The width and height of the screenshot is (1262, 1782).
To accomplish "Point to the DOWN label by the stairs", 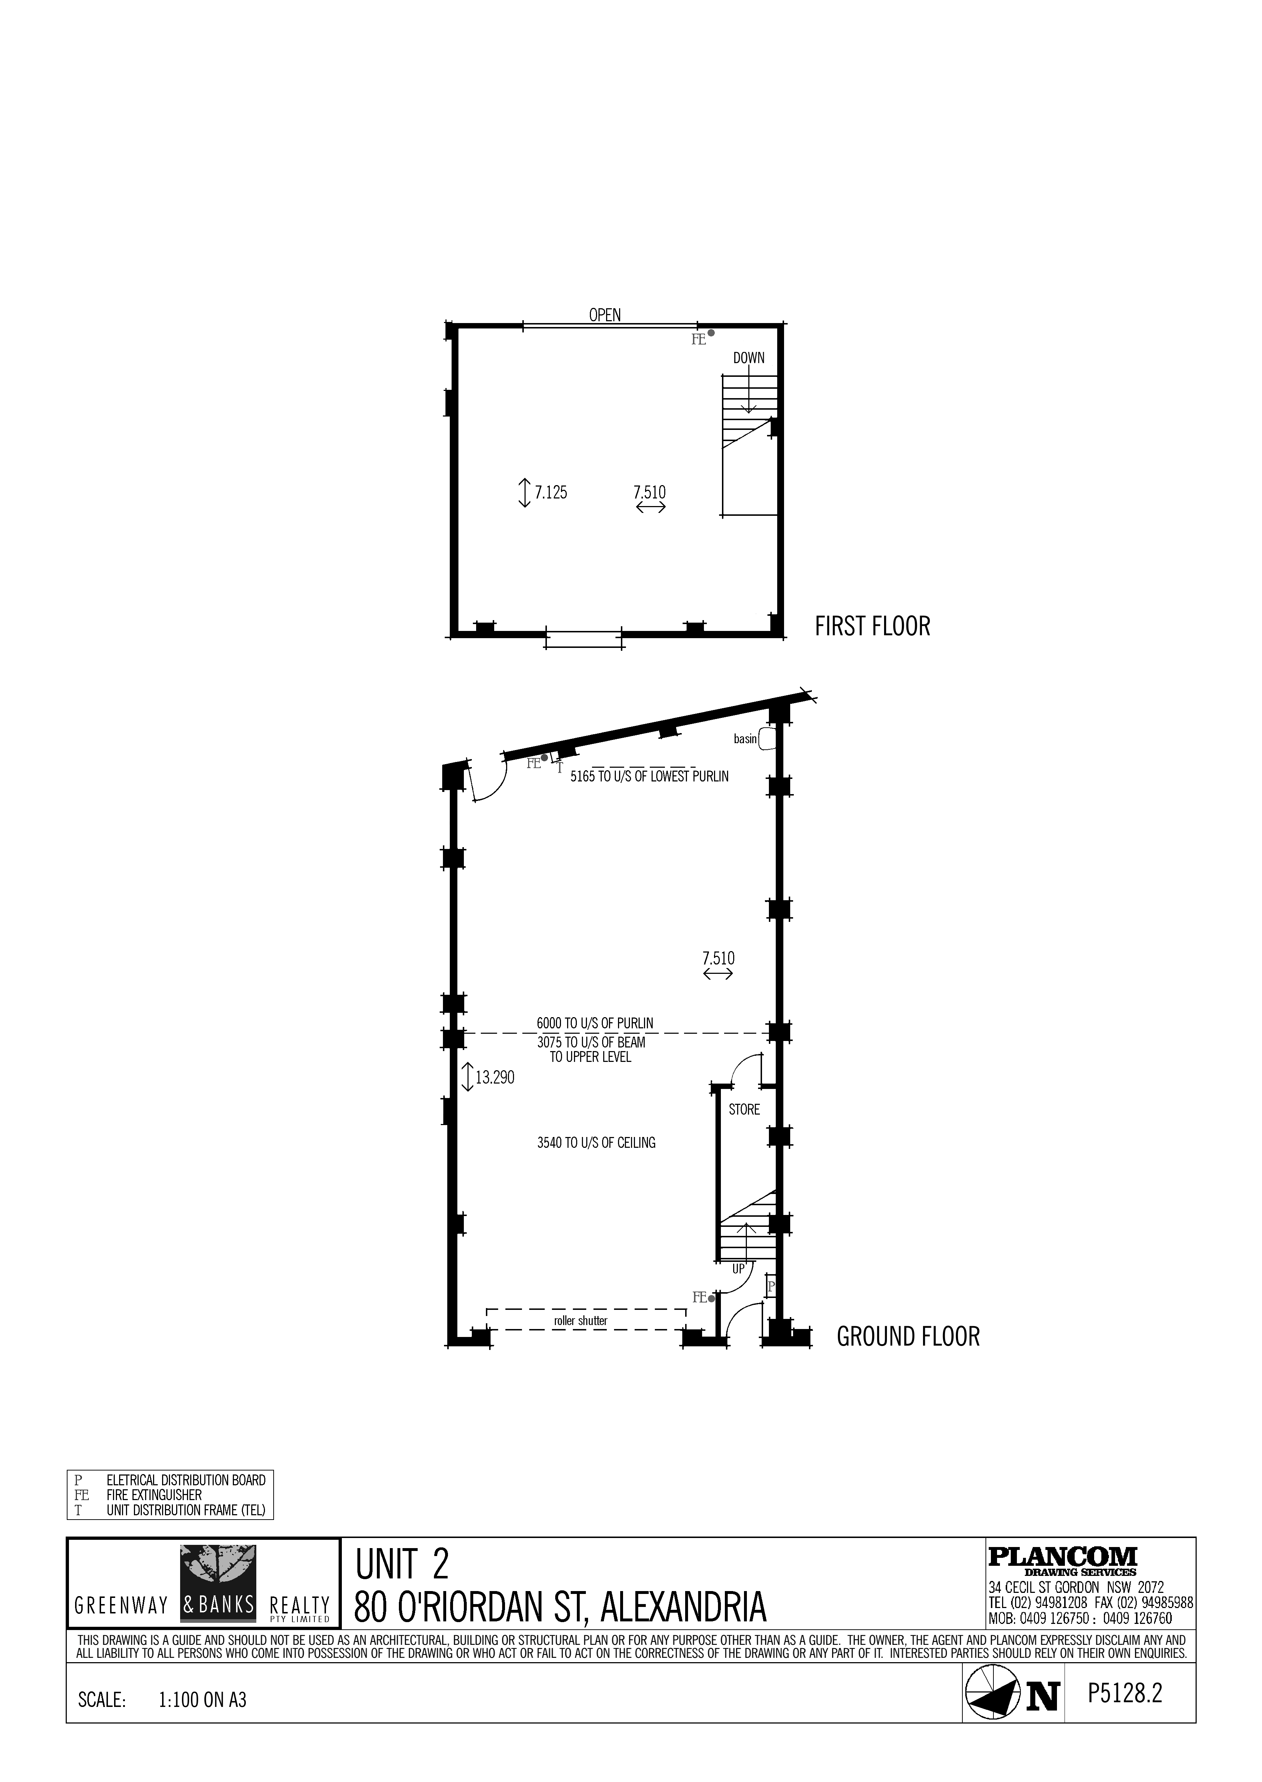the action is (748, 358).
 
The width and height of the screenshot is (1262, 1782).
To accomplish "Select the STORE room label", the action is (744, 1109).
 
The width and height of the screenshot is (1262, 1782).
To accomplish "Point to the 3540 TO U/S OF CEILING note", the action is (596, 1143).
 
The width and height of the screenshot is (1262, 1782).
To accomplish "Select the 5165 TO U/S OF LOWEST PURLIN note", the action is (650, 776).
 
